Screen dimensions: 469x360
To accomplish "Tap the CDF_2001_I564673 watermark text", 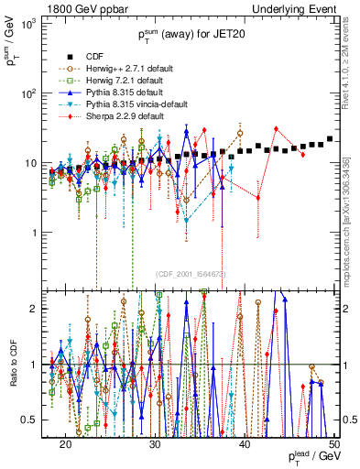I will point(191,274).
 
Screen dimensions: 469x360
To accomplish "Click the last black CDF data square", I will point(330,139).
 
